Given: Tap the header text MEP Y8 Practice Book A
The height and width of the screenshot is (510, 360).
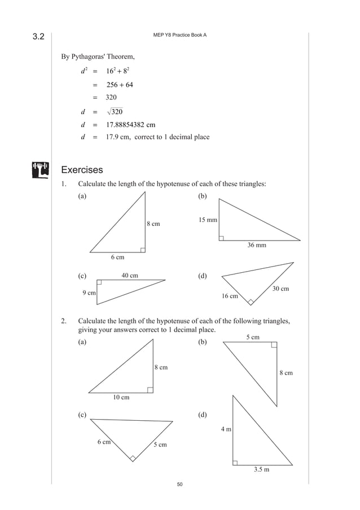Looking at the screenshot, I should coord(180,36).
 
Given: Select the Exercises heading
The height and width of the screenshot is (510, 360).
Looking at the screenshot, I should coord(82,169).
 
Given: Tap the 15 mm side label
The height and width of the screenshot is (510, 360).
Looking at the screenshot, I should coord(208,220).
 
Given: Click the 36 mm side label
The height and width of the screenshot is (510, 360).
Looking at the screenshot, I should coord(257,246).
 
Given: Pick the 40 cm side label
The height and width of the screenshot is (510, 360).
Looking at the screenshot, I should coord(130,276).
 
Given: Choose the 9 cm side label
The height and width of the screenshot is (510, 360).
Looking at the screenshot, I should coord(89,293).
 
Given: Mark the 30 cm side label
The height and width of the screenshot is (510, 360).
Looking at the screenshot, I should coord(280,289).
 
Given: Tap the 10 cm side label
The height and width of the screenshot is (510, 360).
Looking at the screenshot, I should coord(121,397).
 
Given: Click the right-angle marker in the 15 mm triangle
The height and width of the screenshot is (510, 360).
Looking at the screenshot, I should coord(221,238).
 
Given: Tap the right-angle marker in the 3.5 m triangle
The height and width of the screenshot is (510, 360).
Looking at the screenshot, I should coord(236,462).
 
